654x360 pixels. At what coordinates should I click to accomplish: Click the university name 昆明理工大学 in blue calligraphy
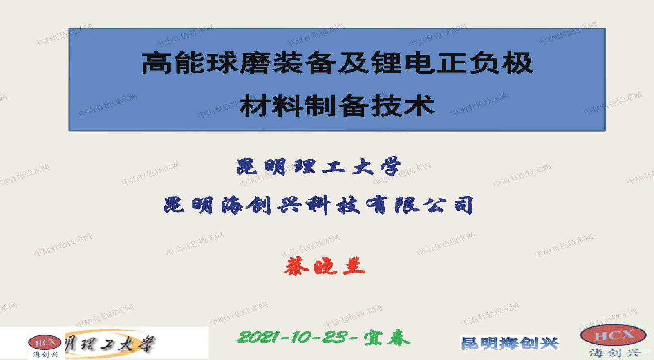[x=319, y=167]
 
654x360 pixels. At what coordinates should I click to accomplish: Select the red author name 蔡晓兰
[x=324, y=266]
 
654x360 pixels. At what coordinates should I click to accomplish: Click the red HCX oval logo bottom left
[x=45, y=342]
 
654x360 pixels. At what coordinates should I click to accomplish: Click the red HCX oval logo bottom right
[x=613, y=335]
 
